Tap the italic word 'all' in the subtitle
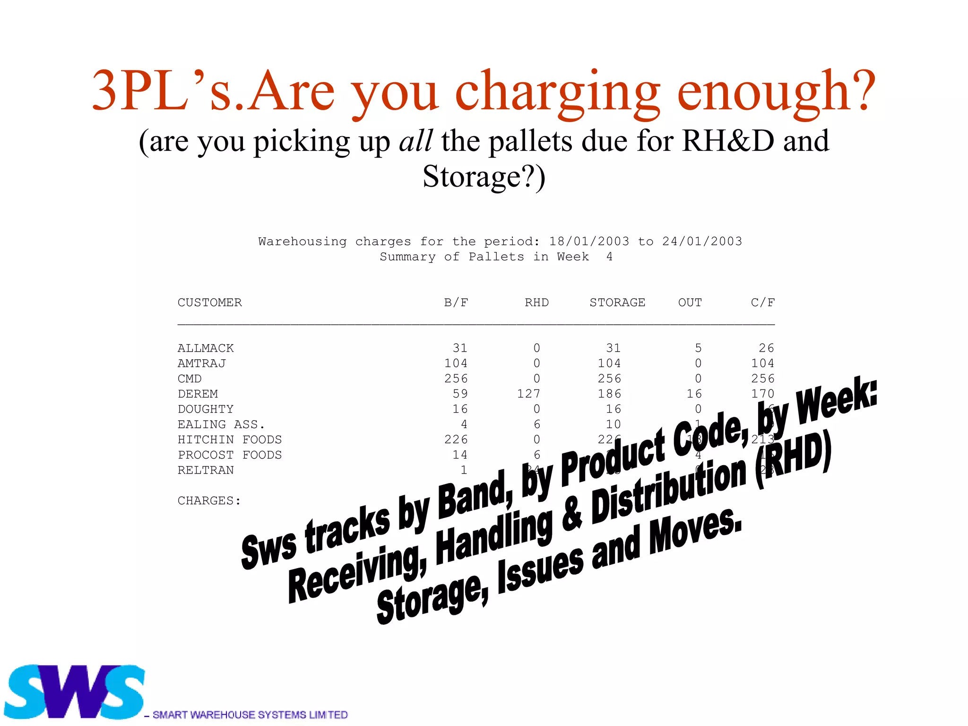pos(415,141)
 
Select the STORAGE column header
pos(617,302)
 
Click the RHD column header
pos(536,302)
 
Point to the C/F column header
pos(762,302)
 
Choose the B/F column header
pos(456,302)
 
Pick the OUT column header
pos(690,302)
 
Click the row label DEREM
pos(198,394)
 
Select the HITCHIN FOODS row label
pos(230,440)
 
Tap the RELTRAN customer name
pos(206,470)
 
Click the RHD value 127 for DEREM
pos(528,394)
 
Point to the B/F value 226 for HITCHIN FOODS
pos(456,440)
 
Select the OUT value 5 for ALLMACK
pos(698,348)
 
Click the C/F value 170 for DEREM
pos(762,394)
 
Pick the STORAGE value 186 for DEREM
pos(609,394)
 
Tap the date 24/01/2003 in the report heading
pos(702,242)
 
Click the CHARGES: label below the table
pos(209,501)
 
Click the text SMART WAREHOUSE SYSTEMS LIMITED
pos(250,715)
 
